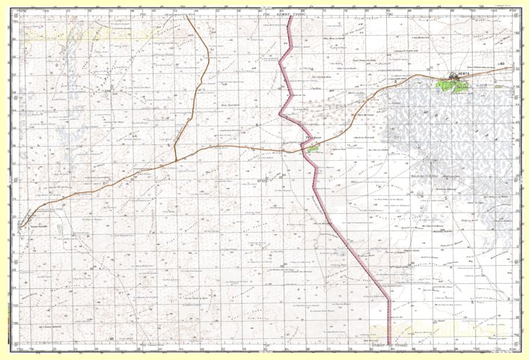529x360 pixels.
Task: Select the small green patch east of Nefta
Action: tap(498, 86)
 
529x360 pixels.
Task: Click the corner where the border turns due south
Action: tap(389, 300)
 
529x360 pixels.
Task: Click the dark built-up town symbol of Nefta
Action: tap(455, 76)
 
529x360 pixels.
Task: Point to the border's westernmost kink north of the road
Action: tap(281, 114)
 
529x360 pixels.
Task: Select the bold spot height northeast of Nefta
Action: tap(502, 64)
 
